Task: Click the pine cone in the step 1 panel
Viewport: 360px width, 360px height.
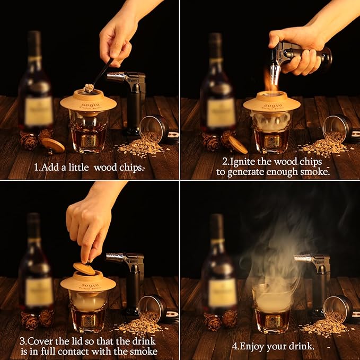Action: pos(29,141)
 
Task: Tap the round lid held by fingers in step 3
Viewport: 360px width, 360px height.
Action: pos(84,269)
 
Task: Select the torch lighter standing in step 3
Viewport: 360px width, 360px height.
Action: pos(130,281)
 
